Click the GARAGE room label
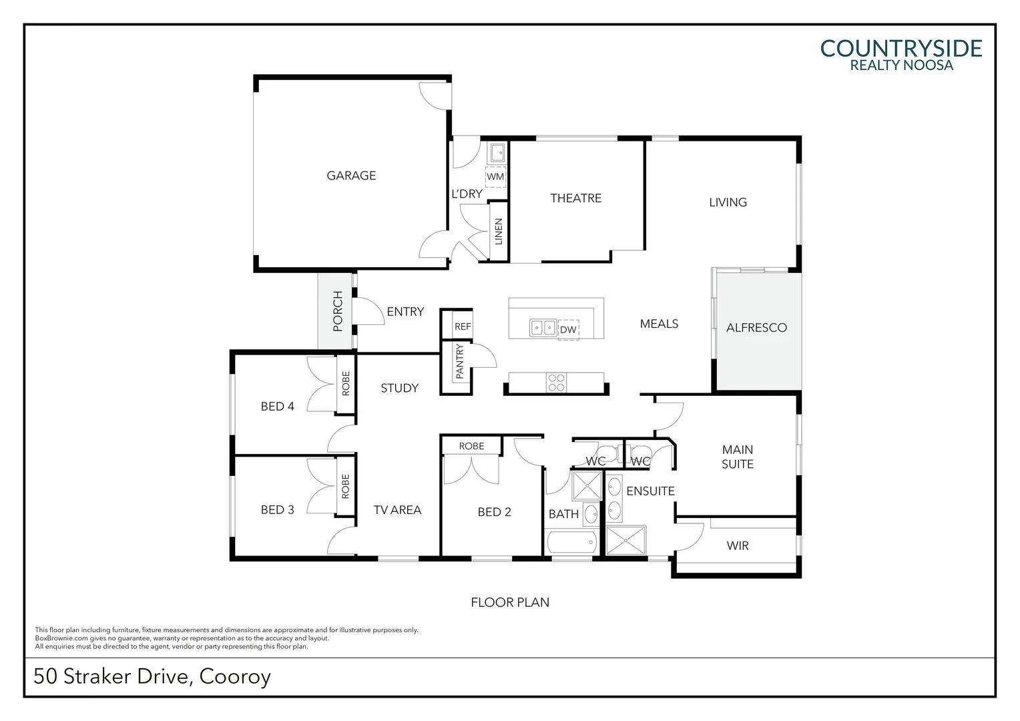[351, 176]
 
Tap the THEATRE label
[575, 198]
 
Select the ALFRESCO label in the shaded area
[756, 328]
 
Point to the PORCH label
[338, 311]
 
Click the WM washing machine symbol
[495, 177]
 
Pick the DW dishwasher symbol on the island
[568, 330]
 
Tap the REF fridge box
[463, 326]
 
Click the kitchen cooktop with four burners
[556, 383]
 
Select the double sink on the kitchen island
[543, 328]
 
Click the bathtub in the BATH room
[571, 542]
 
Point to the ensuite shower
[626, 540]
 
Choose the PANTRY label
[459, 362]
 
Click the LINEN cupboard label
[498, 232]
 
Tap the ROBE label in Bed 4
[346, 384]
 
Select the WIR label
[738, 546]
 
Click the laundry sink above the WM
[497, 154]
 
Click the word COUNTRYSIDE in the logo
[901, 49]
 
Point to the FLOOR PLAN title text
[510, 602]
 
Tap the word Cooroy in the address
[235, 676]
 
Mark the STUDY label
[399, 388]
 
